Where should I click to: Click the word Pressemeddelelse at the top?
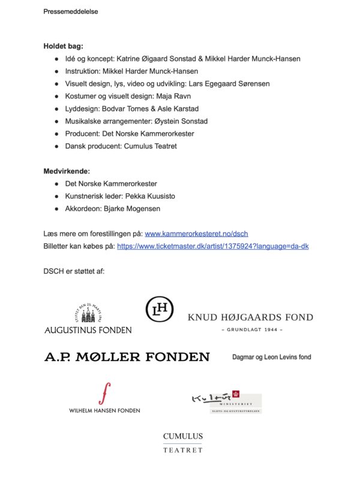[x=71, y=11]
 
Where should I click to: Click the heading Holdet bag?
[x=63, y=46]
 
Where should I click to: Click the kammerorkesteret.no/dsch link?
[x=197, y=233]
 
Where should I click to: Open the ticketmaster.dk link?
[x=213, y=246]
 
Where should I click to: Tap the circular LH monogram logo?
[x=160, y=310]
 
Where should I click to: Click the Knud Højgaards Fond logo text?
[x=250, y=317]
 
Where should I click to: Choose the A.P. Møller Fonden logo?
[x=127, y=357]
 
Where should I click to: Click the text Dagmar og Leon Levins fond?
[x=271, y=357]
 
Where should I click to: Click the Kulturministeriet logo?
[x=226, y=403]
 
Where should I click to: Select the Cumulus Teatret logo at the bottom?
[x=183, y=443]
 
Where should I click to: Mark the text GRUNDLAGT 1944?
[x=252, y=330]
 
